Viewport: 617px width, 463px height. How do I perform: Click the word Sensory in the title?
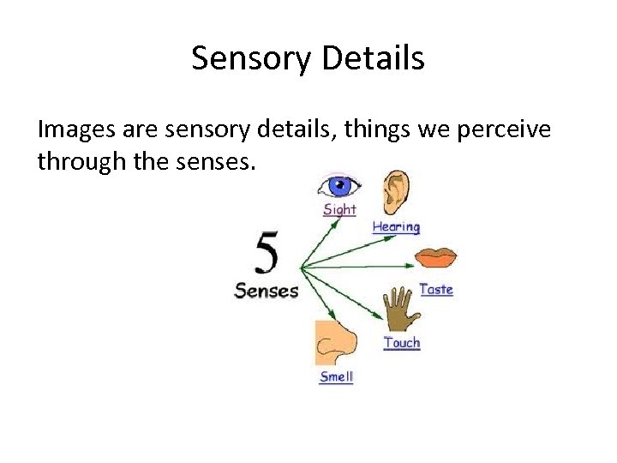point(250,58)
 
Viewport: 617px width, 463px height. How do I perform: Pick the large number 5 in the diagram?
point(267,255)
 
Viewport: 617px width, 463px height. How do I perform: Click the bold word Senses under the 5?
point(267,291)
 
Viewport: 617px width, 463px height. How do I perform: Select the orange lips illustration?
point(436,257)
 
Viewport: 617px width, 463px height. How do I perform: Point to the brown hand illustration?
point(398,308)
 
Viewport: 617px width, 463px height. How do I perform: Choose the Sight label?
point(339,209)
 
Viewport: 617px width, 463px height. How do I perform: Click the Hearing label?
point(396,227)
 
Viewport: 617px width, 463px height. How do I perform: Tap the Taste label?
point(436,290)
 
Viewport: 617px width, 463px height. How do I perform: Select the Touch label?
point(402,343)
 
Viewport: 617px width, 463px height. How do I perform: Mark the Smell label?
point(336,377)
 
